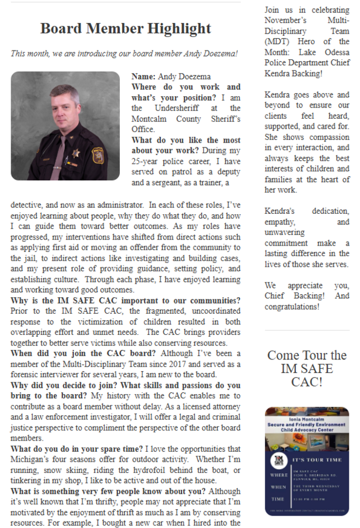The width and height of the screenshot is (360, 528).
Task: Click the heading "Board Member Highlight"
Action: pyautogui.click(x=126, y=28)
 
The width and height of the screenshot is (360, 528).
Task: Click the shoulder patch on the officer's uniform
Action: pyautogui.click(x=98, y=156)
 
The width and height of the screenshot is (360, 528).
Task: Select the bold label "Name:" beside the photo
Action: pyautogui.click(x=143, y=76)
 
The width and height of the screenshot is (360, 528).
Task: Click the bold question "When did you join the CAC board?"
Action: pyautogui.click(x=83, y=353)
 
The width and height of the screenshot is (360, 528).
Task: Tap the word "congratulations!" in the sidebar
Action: pyautogui.click(x=291, y=307)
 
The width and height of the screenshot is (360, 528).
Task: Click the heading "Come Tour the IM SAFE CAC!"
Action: pyautogui.click(x=307, y=369)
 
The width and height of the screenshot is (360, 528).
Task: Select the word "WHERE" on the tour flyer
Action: pyautogui.click(x=280, y=475)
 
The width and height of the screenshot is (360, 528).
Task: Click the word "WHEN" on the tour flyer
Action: pyautogui.click(x=279, y=487)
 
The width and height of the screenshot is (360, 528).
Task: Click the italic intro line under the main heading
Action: pyautogui.click(x=125, y=53)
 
